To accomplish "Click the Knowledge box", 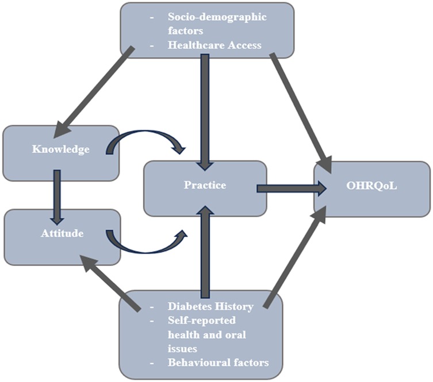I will pyautogui.click(x=60, y=151).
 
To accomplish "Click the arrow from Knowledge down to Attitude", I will pyautogui.click(x=56, y=195).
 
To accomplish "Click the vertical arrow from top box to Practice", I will pyautogui.click(x=205, y=109).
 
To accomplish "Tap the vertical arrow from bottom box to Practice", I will pyautogui.click(x=205, y=253).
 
